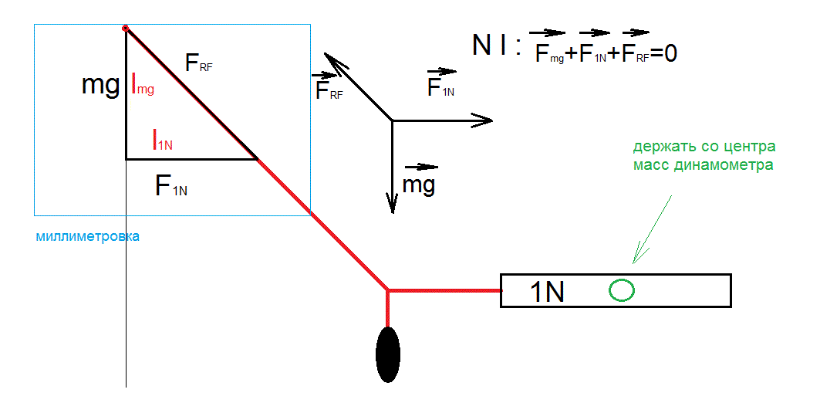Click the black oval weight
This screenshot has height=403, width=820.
[388, 354]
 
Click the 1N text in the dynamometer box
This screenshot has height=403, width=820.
[548, 292]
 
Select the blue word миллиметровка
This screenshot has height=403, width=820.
[87, 236]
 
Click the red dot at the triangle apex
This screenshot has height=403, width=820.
[126, 29]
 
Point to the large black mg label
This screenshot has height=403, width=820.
[100, 86]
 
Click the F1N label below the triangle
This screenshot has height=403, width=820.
[171, 185]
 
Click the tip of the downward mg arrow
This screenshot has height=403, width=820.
[392, 213]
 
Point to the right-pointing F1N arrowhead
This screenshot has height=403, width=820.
[481, 120]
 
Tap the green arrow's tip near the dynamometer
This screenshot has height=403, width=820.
[633, 262]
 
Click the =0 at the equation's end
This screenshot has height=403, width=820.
[663, 54]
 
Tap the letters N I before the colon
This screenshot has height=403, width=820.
[490, 46]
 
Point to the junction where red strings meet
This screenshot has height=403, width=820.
[387, 290]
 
